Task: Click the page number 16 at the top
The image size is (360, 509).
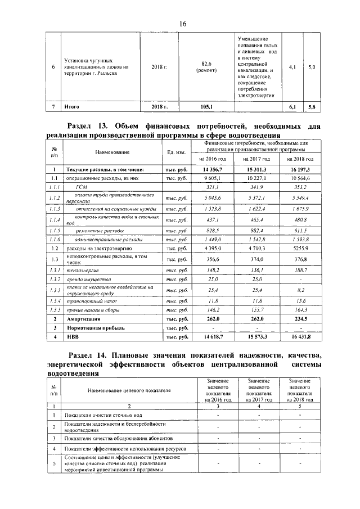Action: (182, 23)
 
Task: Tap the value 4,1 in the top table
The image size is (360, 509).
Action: (292, 67)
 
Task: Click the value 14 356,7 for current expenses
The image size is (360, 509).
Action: (209, 169)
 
